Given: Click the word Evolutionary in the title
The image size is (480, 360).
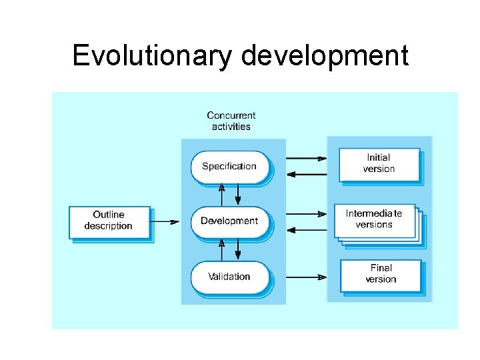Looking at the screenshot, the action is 151,55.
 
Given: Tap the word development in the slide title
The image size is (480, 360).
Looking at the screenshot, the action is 325,55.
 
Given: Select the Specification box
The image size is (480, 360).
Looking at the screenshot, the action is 229,166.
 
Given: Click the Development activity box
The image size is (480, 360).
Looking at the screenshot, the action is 229,221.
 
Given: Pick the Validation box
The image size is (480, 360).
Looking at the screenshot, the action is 229,276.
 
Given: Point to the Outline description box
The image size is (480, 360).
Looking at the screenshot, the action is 109,221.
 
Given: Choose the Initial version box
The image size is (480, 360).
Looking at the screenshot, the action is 379,163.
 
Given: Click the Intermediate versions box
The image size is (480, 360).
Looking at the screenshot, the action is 375,220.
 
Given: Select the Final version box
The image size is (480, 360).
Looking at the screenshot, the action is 381,274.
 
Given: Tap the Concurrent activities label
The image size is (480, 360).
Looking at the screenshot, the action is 231,121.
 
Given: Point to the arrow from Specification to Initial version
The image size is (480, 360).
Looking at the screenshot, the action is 306,159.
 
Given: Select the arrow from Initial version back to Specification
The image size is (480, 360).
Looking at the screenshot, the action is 306,174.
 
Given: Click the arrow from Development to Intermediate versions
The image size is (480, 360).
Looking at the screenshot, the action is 306,214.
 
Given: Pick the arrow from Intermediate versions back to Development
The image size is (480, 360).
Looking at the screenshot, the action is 306,229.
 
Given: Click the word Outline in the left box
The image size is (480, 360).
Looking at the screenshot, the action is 109,215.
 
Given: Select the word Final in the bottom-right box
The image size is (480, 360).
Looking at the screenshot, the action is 381,268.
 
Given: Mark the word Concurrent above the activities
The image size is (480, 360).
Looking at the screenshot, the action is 231,115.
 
